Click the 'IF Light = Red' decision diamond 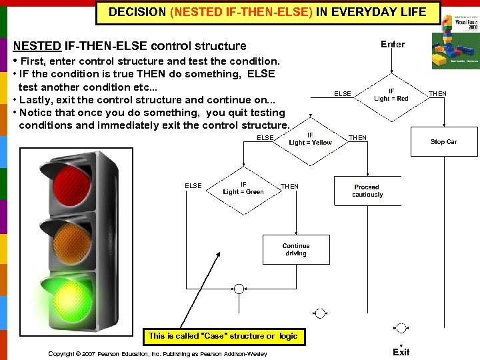pos(391,95)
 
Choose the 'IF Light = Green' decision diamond pos(243,188)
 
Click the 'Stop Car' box pos(443,141)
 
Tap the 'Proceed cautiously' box pos(367,191)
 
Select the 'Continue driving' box pos(295,249)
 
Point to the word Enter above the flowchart pos(393,44)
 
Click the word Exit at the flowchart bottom pos(401,352)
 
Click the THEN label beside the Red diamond pos(437,94)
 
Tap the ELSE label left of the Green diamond pos(193,185)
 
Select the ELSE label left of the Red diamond pos(343,94)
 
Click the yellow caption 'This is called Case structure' pos(223,336)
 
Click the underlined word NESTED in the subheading pos(37,46)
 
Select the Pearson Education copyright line pos(157,353)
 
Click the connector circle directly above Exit pos(401,328)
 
